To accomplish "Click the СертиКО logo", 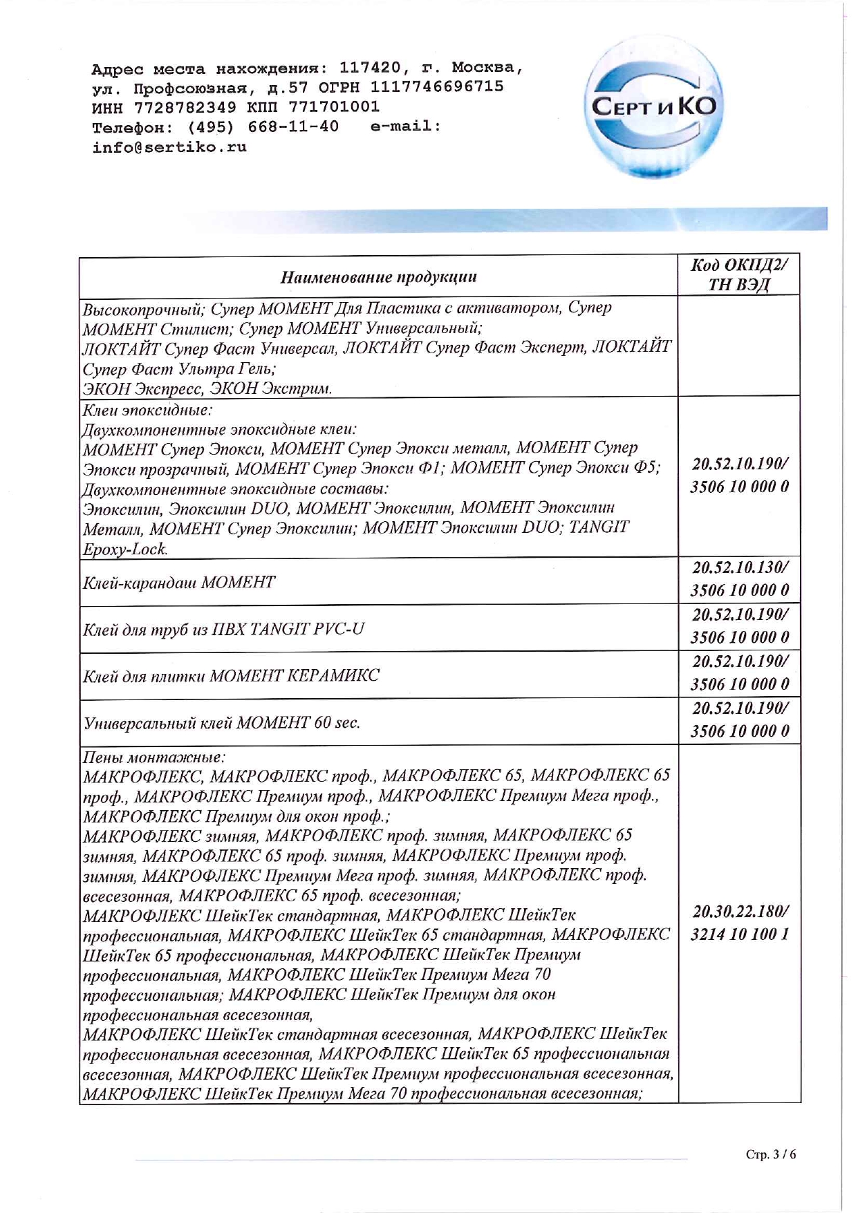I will pyautogui.click(x=651, y=108).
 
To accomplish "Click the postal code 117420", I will pyautogui.click(x=370, y=68).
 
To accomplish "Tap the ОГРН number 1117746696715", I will pyautogui.click(x=437, y=87).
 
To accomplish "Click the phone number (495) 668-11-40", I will pyautogui.click(x=263, y=127).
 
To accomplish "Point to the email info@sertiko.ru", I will pyautogui.click(x=169, y=147).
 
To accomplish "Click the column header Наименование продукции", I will pyautogui.click(x=378, y=277).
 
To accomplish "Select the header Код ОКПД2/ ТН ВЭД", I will pyautogui.click(x=739, y=275).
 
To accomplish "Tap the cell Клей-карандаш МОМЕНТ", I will pyautogui.click(x=179, y=582).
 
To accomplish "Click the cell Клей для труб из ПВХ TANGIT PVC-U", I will pyautogui.click(x=223, y=629).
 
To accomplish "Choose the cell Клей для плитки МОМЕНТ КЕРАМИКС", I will pyautogui.click(x=231, y=675).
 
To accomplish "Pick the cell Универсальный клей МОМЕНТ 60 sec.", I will pyautogui.click(x=221, y=723).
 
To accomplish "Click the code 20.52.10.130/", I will pyautogui.click(x=739, y=568).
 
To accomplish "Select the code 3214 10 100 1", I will pyautogui.click(x=739, y=934).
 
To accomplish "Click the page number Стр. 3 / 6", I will pyautogui.click(x=771, y=1154).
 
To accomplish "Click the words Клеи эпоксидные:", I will pyautogui.click(x=147, y=410).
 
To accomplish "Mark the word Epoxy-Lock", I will pyautogui.click(x=125, y=549).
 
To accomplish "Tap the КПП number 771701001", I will pyautogui.click(x=334, y=107).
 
